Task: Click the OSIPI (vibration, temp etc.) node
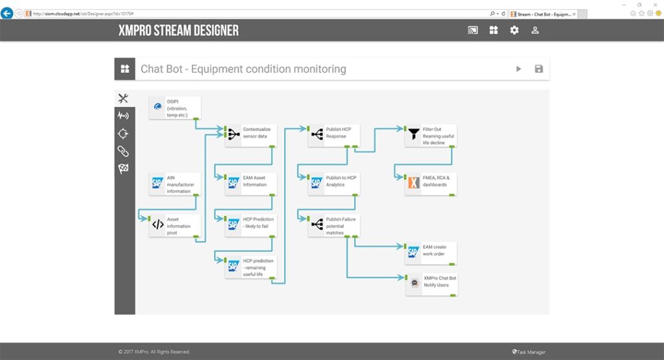174,108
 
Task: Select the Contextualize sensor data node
251,136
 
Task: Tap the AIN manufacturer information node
174,184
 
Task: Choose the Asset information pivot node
174,226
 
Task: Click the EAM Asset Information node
251,184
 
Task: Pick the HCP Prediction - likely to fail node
251,226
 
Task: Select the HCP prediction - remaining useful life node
251,267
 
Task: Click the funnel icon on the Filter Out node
414,136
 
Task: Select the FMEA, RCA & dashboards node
431,184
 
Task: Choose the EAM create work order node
431,253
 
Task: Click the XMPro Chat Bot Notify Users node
431,284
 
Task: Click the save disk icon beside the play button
539,69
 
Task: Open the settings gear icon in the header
514,30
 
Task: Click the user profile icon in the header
535,30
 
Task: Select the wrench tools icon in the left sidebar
123,98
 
